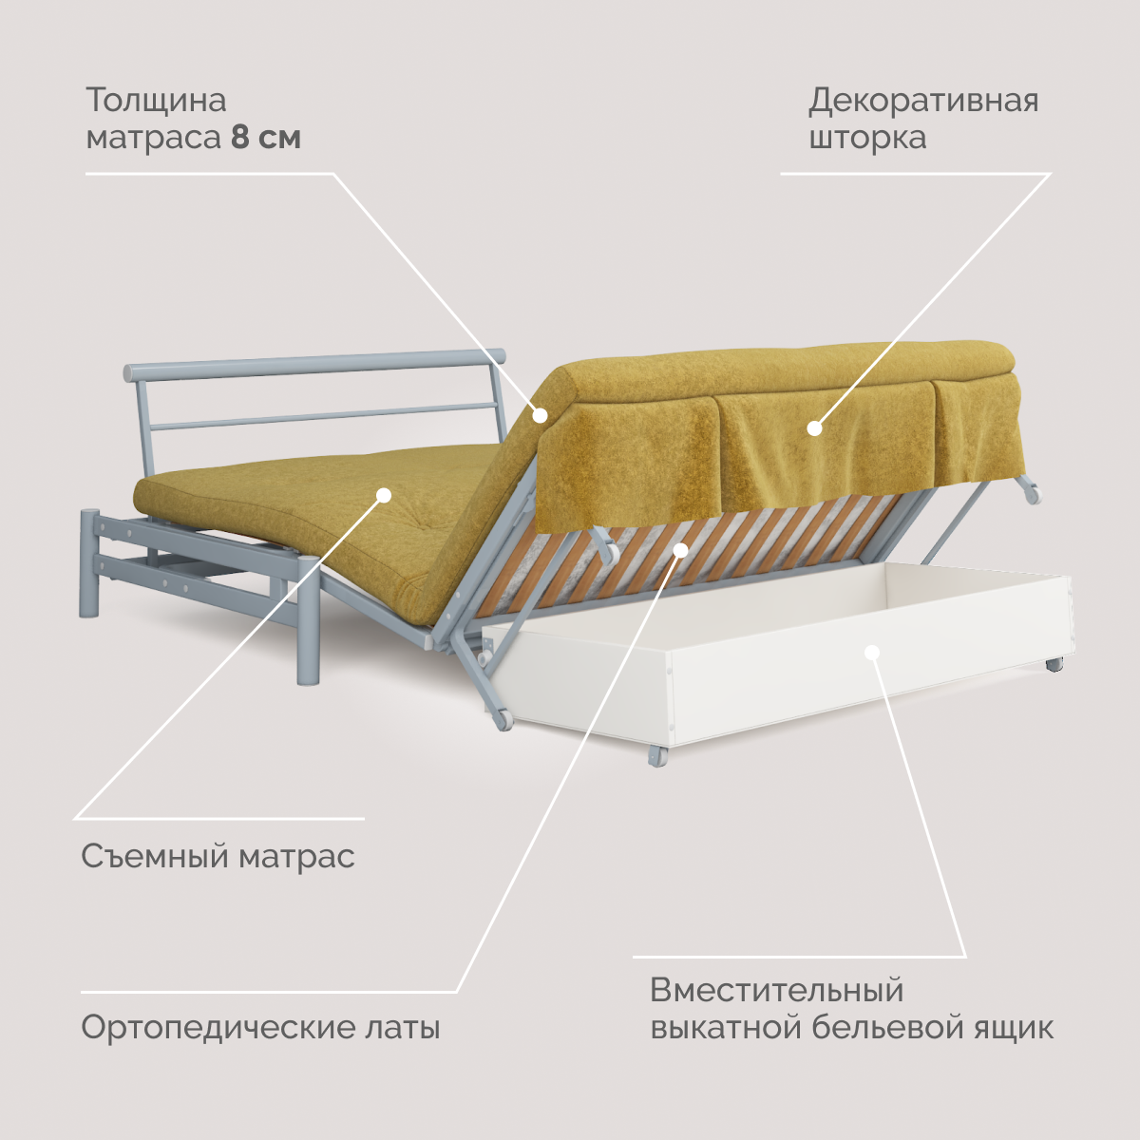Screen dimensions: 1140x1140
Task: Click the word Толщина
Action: pos(156,101)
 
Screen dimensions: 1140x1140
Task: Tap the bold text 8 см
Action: pos(266,138)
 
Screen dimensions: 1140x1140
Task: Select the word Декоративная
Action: pos(923,101)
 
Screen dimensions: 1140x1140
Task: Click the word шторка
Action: pos(866,138)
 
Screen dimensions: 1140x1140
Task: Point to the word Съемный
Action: pos(155,857)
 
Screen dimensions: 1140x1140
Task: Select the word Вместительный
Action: pos(776,991)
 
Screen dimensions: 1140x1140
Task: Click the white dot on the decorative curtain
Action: pos(814,428)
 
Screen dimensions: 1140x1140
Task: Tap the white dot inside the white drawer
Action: pos(873,652)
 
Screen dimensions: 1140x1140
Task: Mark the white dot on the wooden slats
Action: pos(680,549)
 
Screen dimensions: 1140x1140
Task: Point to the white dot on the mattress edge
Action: pos(540,414)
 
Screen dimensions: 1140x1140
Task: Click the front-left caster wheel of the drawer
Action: pos(656,755)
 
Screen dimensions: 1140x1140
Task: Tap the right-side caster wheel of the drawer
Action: pos(1054,664)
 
